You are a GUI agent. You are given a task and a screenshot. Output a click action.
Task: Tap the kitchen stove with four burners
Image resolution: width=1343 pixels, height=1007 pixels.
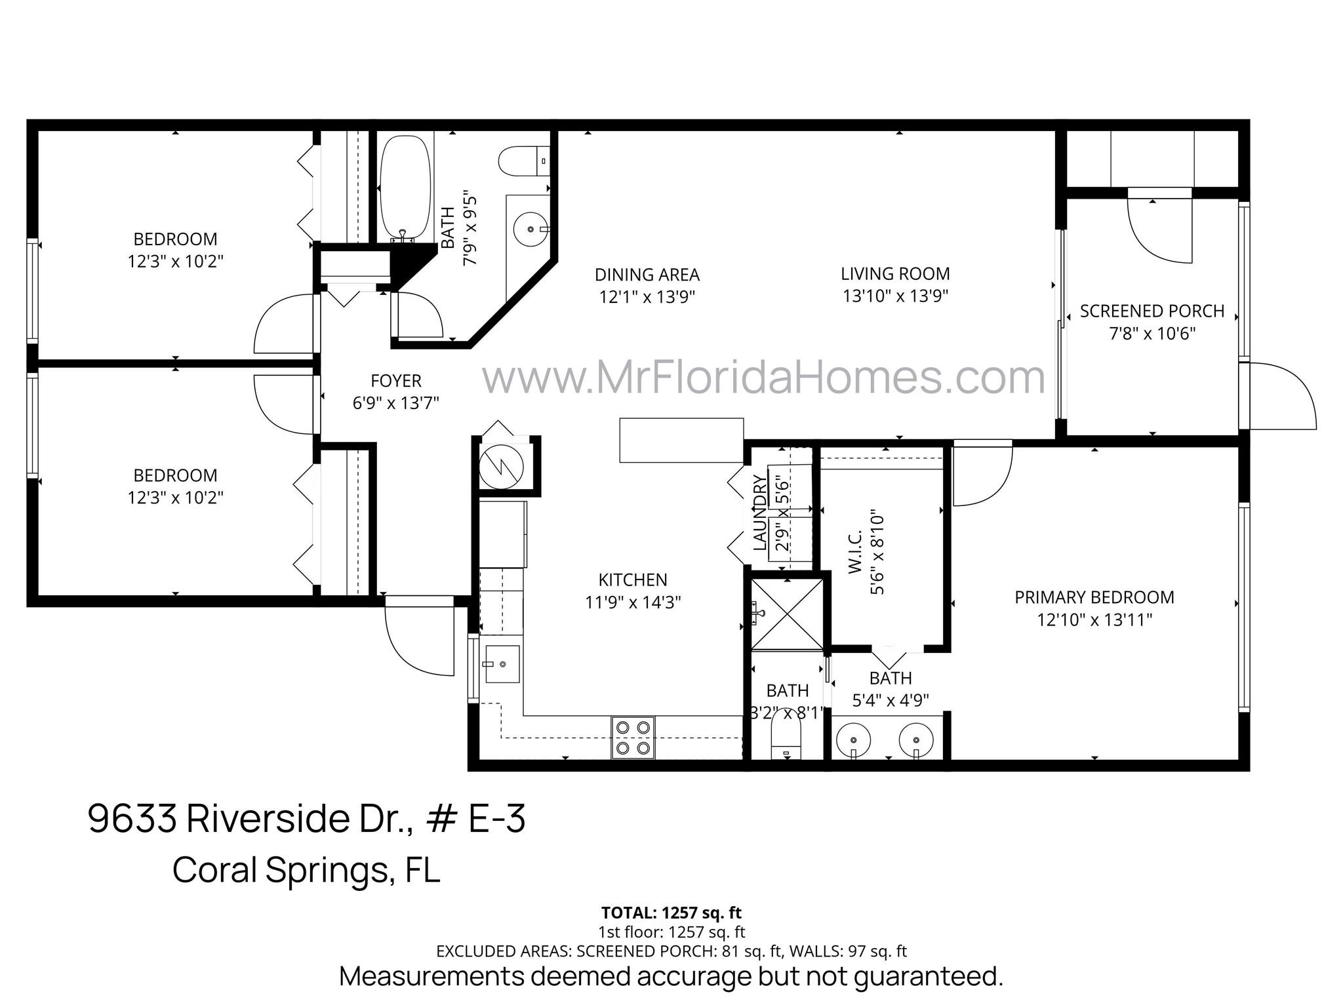(633, 737)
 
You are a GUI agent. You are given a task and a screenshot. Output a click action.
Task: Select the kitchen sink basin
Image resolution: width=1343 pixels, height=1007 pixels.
(502, 664)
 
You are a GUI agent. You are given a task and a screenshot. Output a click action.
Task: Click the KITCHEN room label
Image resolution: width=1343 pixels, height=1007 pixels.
(633, 580)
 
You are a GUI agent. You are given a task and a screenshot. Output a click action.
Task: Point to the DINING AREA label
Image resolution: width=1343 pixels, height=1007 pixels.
(647, 275)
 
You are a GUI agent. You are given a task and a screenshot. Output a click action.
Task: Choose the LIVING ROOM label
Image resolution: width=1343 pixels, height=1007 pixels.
(895, 274)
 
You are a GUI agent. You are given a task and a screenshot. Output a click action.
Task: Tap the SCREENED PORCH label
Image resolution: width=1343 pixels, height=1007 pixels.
(1152, 311)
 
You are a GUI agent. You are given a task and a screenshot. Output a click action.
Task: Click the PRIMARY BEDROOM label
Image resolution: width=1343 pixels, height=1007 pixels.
(1094, 598)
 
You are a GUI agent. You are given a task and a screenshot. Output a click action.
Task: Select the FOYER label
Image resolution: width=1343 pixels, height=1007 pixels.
(395, 381)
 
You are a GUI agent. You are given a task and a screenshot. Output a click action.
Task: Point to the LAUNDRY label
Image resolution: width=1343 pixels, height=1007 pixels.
(759, 513)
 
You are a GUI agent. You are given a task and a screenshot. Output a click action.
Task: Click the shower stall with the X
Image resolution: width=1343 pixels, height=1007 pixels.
(787, 614)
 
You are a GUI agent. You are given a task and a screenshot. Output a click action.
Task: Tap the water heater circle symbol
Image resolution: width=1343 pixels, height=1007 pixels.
(502, 464)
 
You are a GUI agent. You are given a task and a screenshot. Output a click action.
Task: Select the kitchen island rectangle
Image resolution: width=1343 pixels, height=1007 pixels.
(681, 440)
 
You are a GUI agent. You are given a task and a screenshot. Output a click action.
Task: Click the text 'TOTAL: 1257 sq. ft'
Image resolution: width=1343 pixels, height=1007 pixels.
(671, 913)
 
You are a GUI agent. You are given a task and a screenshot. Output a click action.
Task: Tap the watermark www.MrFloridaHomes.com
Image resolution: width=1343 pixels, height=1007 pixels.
(763, 378)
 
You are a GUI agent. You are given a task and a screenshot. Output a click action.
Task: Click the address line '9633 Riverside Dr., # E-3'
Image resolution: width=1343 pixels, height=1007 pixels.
(306, 819)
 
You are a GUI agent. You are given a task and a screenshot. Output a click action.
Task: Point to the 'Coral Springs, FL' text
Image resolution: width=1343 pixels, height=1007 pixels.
(306, 870)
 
